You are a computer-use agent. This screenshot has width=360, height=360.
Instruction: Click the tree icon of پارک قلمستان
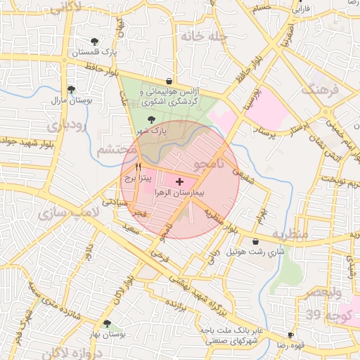(x=96, y=41)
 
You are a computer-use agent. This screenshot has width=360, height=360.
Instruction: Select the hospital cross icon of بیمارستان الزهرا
(x=178, y=181)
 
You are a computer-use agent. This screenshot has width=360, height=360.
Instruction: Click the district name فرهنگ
(x=321, y=90)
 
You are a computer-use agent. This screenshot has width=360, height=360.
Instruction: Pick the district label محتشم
(x=115, y=149)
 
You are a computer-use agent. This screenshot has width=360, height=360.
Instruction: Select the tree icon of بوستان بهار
(x=107, y=323)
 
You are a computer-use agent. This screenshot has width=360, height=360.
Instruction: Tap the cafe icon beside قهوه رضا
(x=291, y=335)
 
